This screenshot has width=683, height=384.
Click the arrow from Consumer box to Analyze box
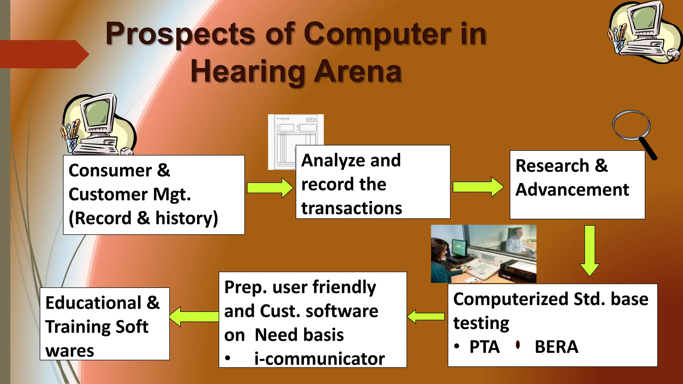[270, 188]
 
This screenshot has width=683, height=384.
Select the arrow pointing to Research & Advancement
[478, 187]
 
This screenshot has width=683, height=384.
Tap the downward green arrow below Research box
[590, 250]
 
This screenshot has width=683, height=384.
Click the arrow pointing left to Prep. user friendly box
[426, 316]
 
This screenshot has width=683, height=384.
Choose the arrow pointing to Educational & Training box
[194, 316]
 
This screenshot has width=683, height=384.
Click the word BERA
[556, 347]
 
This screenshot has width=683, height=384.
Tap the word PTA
[484, 347]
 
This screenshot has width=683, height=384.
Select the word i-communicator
[319, 359]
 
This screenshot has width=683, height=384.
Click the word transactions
[352, 208]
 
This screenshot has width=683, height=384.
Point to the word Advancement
[572, 190]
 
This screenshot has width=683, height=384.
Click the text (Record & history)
[143, 218]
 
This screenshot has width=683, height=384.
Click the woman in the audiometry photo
[442, 260]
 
